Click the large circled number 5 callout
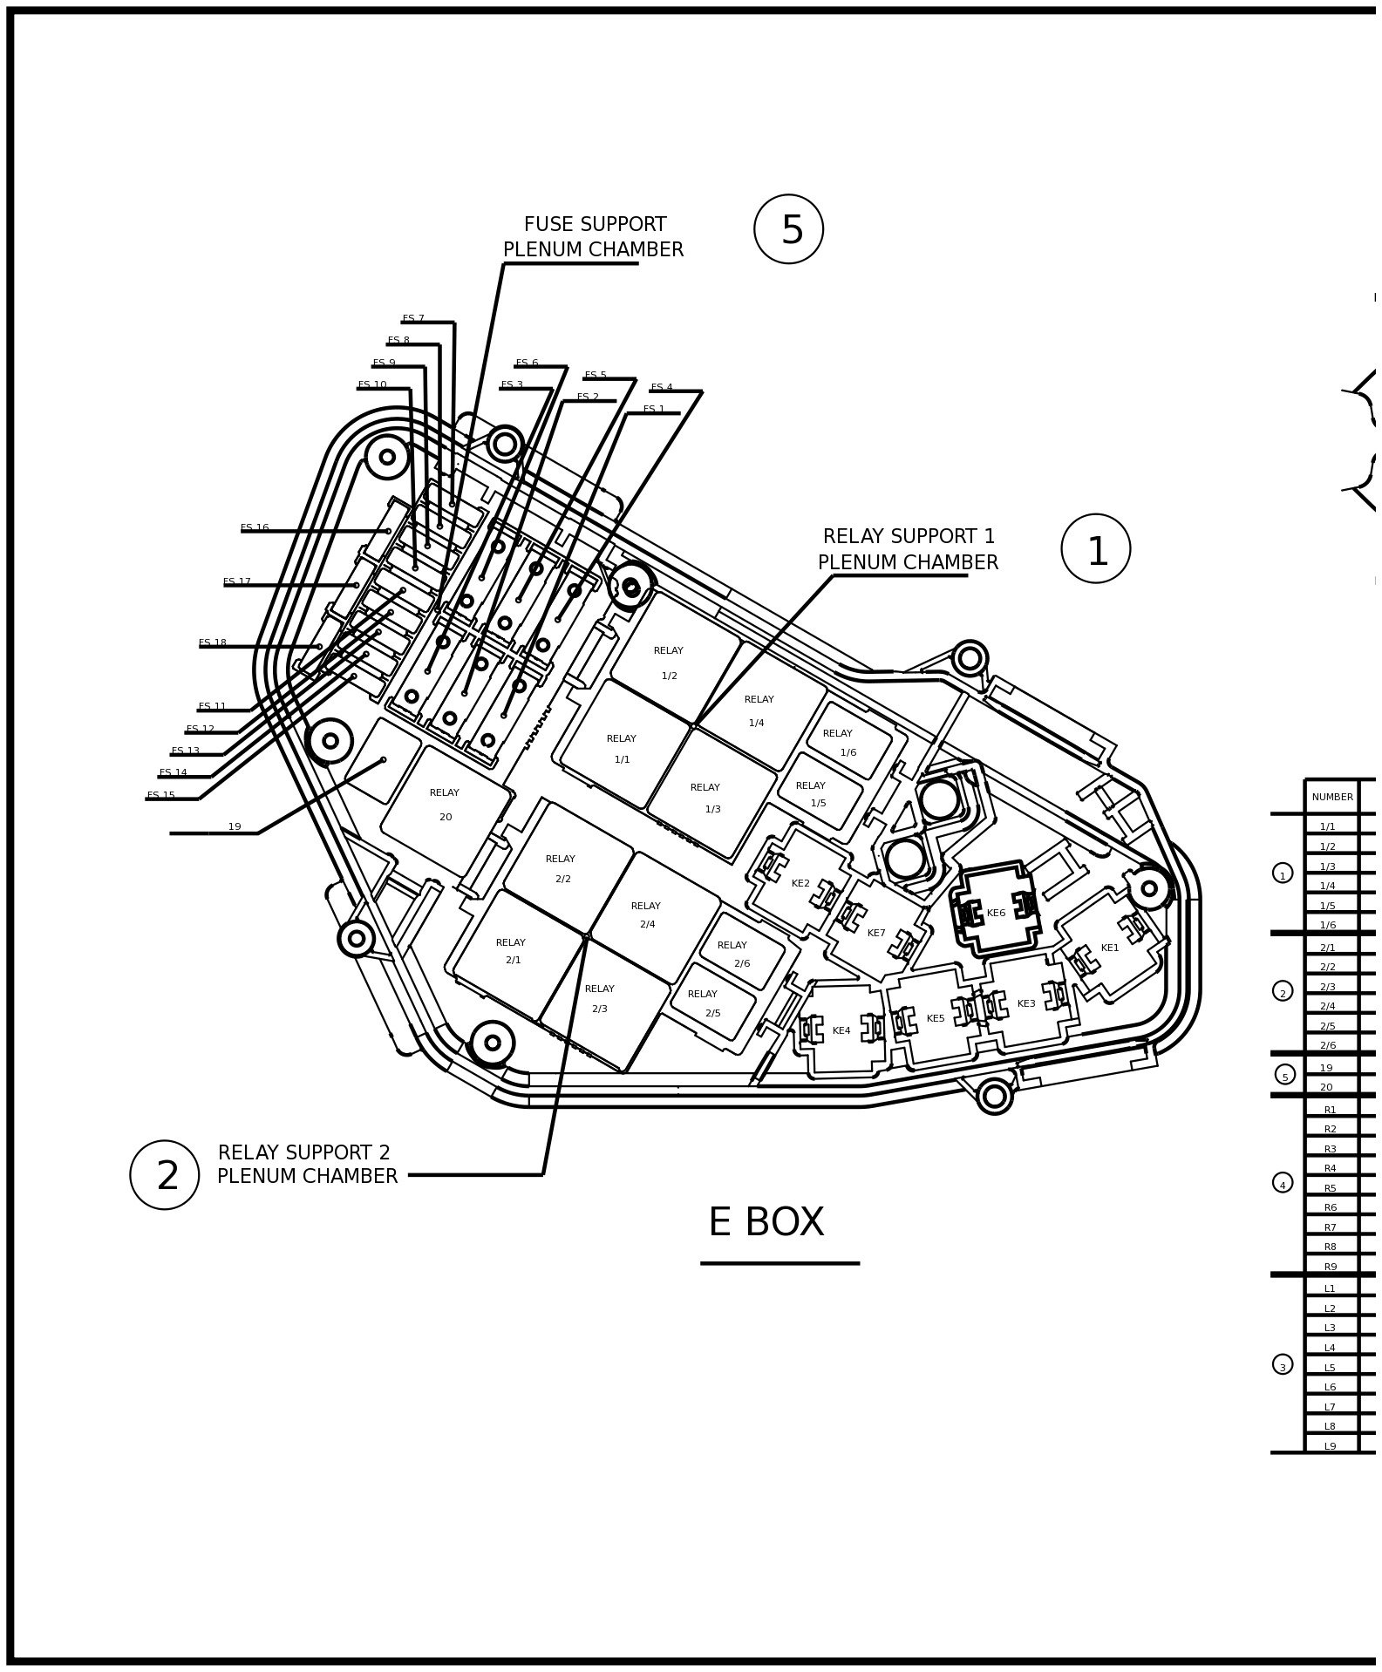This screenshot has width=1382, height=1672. coord(788,229)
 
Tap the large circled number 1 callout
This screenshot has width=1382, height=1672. coord(1095,549)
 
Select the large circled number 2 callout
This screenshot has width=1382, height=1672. coord(165,1175)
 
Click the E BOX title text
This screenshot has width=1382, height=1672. coord(766,1222)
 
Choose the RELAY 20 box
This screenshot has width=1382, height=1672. coord(445,805)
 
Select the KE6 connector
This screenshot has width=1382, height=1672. coord(996,913)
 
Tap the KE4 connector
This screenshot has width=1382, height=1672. coord(841,1030)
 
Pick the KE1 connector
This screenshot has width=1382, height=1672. coord(1109,948)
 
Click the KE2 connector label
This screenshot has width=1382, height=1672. coord(800,883)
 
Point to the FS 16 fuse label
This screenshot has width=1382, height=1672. coord(255,528)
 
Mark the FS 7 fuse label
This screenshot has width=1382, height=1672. coord(413,319)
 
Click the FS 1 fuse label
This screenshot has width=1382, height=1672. coord(654,410)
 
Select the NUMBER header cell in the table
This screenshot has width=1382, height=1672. coord(1332,797)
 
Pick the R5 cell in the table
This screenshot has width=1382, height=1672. coord(1331,1188)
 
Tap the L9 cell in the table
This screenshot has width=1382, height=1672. coord(1331,1446)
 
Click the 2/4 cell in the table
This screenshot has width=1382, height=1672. coord(1328,1006)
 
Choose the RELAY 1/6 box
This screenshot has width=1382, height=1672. coord(848,742)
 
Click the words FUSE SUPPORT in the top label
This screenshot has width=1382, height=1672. coord(595,225)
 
